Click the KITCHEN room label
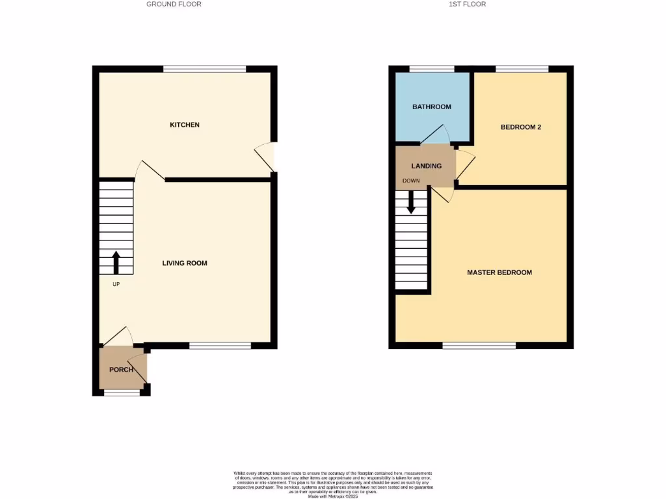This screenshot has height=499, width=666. (185, 125)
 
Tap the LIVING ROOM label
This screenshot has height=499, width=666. (185, 263)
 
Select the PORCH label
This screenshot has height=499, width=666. (121, 370)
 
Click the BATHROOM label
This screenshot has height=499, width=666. (432, 107)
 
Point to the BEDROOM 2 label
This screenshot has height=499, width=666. (521, 127)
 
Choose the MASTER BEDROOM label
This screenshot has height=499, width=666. (499, 272)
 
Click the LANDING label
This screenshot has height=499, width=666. (426, 166)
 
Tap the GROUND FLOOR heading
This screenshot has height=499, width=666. (174, 4)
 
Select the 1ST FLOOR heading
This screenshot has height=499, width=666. (467, 4)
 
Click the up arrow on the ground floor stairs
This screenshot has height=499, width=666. (116, 261)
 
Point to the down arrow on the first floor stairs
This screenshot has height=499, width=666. (412, 202)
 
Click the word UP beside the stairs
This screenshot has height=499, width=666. (116, 284)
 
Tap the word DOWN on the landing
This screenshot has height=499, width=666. (411, 180)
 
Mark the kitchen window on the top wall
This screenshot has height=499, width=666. (204, 69)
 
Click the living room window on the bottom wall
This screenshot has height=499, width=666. (220, 346)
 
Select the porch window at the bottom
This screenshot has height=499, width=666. (122, 392)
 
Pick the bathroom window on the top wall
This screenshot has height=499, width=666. (432, 69)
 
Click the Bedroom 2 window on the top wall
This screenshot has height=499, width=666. (522, 69)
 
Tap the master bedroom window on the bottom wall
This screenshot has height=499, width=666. (479, 345)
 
